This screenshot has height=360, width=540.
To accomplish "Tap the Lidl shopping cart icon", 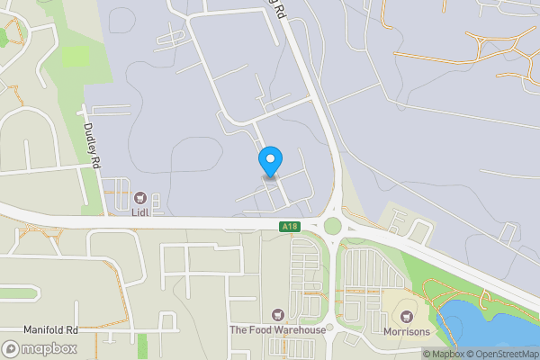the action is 139,197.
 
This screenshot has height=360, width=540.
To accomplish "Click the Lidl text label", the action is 139,212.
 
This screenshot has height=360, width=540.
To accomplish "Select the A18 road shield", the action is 289,227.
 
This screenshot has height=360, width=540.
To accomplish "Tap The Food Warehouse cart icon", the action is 276,315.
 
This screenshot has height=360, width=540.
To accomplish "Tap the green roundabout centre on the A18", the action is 333,225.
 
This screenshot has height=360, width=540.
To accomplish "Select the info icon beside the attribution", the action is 427,354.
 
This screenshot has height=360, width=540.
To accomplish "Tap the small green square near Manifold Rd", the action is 167,319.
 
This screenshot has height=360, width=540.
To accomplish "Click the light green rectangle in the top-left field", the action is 76,57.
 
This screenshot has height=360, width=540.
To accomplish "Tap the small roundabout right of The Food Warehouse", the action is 330,328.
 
